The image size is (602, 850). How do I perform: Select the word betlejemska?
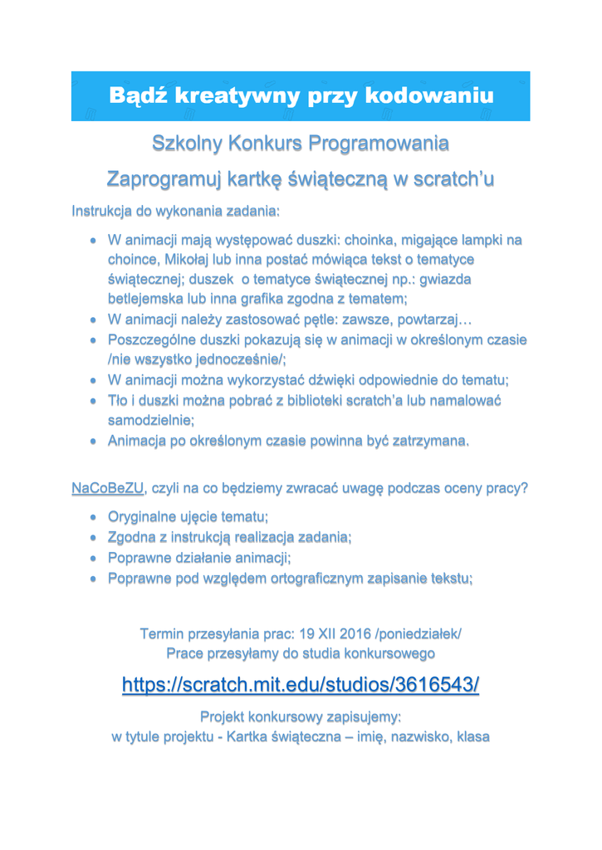pos(151,297)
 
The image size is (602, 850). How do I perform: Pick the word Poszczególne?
pos(156,340)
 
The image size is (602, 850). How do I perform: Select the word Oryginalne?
pos(148,516)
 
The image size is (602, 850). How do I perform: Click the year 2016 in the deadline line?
pos(354,635)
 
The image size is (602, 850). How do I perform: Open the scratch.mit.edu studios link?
pos(301,685)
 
